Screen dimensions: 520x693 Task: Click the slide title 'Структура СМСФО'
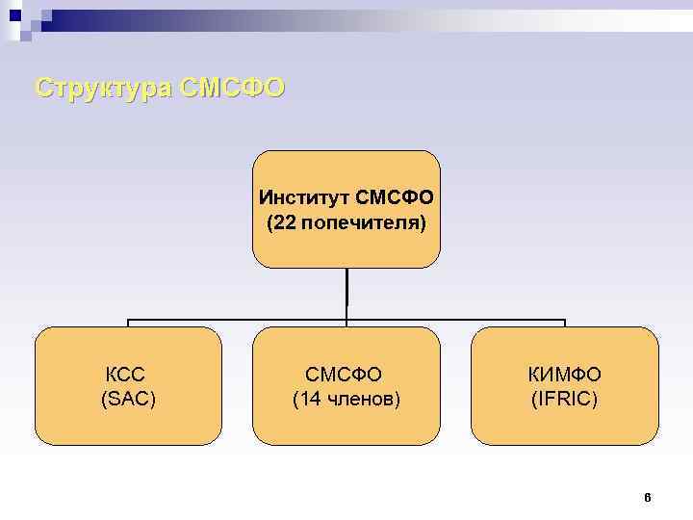(160, 88)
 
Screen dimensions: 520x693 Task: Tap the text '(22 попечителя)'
(346, 223)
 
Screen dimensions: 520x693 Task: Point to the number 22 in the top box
(284, 223)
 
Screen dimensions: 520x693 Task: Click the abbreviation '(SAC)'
(128, 399)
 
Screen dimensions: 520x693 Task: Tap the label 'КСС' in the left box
(128, 374)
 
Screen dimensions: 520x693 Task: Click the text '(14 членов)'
(346, 399)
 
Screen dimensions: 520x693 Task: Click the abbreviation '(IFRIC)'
(564, 399)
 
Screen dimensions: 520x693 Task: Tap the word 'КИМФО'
(564, 374)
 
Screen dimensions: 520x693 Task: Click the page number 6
(647, 498)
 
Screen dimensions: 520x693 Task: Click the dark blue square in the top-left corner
(15, 15)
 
